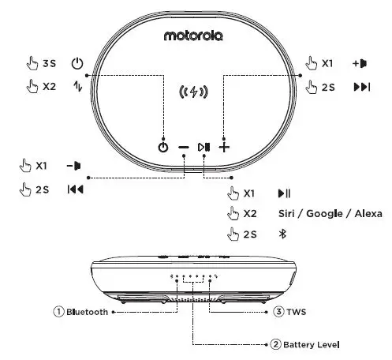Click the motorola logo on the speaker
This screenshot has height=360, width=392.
tap(193, 36)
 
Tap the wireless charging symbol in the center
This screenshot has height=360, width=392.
tap(193, 92)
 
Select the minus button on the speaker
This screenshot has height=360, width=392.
tap(184, 148)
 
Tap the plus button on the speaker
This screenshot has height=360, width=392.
tap(224, 148)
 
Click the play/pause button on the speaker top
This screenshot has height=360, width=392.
tap(203, 147)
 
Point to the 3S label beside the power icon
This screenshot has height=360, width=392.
tap(50, 63)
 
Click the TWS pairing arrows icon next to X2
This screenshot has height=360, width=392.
tap(78, 86)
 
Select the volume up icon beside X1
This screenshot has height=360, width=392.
tap(360, 63)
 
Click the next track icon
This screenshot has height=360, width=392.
tap(362, 87)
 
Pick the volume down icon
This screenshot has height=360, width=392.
tap(74, 166)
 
